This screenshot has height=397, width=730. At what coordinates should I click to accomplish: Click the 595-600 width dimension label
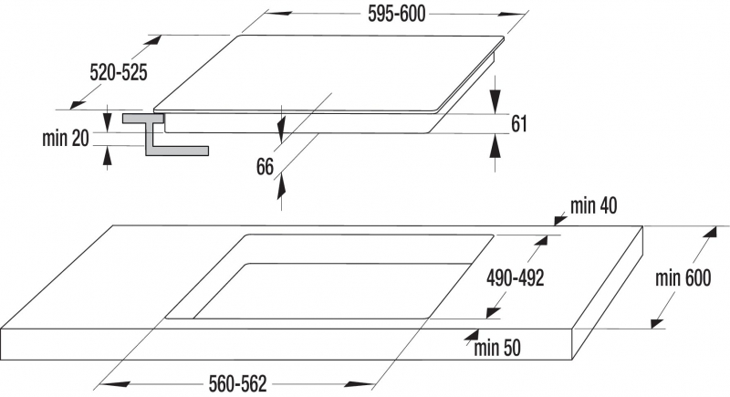pyautogui.click(x=397, y=14)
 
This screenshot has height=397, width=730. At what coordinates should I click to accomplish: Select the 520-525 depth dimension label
pyautogui.click(x=119, y=73)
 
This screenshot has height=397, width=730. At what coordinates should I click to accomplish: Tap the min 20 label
pyautogui.click(x=65, y=138)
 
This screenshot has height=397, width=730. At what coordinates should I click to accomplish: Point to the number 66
pyautogui.click(x=265, y=167)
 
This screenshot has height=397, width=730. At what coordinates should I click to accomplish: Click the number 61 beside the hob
pyautogui.click(x=519, y=124)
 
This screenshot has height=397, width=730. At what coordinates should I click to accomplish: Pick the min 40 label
pyautogui.click(x=594, y=205)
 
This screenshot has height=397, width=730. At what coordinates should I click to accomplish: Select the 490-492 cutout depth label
pyautogui.click(x=516, y=278)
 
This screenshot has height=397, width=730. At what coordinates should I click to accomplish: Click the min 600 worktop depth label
pyautogui.click(x=683, y=277)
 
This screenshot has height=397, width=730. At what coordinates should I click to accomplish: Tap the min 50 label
pyautogui.click(x=497, y=348)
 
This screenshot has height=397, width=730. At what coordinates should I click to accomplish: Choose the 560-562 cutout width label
pyautogui.click(x=238, y=384)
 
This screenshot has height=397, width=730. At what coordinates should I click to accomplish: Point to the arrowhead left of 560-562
pyautogui.click(x=115, y=384)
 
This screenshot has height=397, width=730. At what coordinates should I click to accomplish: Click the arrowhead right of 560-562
pyautogui.click(x=360, y=384)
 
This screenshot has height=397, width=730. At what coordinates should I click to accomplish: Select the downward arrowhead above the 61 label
pyautogui.click(x=495, y=100)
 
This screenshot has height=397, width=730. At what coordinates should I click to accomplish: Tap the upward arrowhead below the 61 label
pyautogui.click(x=495, y=147)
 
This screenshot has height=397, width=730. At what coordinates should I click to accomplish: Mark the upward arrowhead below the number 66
pyautogui.click(x=281, y=189)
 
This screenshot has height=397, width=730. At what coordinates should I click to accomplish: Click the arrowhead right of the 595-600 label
pyautogui.click(x=511, y=14)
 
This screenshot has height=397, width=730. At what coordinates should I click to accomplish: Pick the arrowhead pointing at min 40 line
pyautogui.click(x=560, y=219)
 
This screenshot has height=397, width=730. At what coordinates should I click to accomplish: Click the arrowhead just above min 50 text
pyautogui.click(x=472, y=336)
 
